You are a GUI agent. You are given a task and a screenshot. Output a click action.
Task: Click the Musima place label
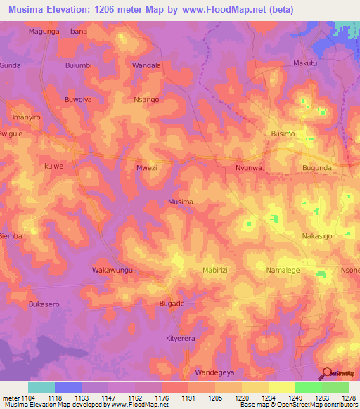click(181, 202)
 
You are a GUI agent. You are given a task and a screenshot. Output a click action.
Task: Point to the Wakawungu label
click(112, 270)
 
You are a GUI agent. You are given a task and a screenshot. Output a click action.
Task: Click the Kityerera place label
click(184, 338)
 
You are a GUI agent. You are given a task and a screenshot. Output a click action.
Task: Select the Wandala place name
click(147, 65)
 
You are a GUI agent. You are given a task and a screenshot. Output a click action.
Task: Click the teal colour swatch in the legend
click(41, 387)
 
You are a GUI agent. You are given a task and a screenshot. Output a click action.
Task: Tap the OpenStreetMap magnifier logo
click(327, 373)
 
